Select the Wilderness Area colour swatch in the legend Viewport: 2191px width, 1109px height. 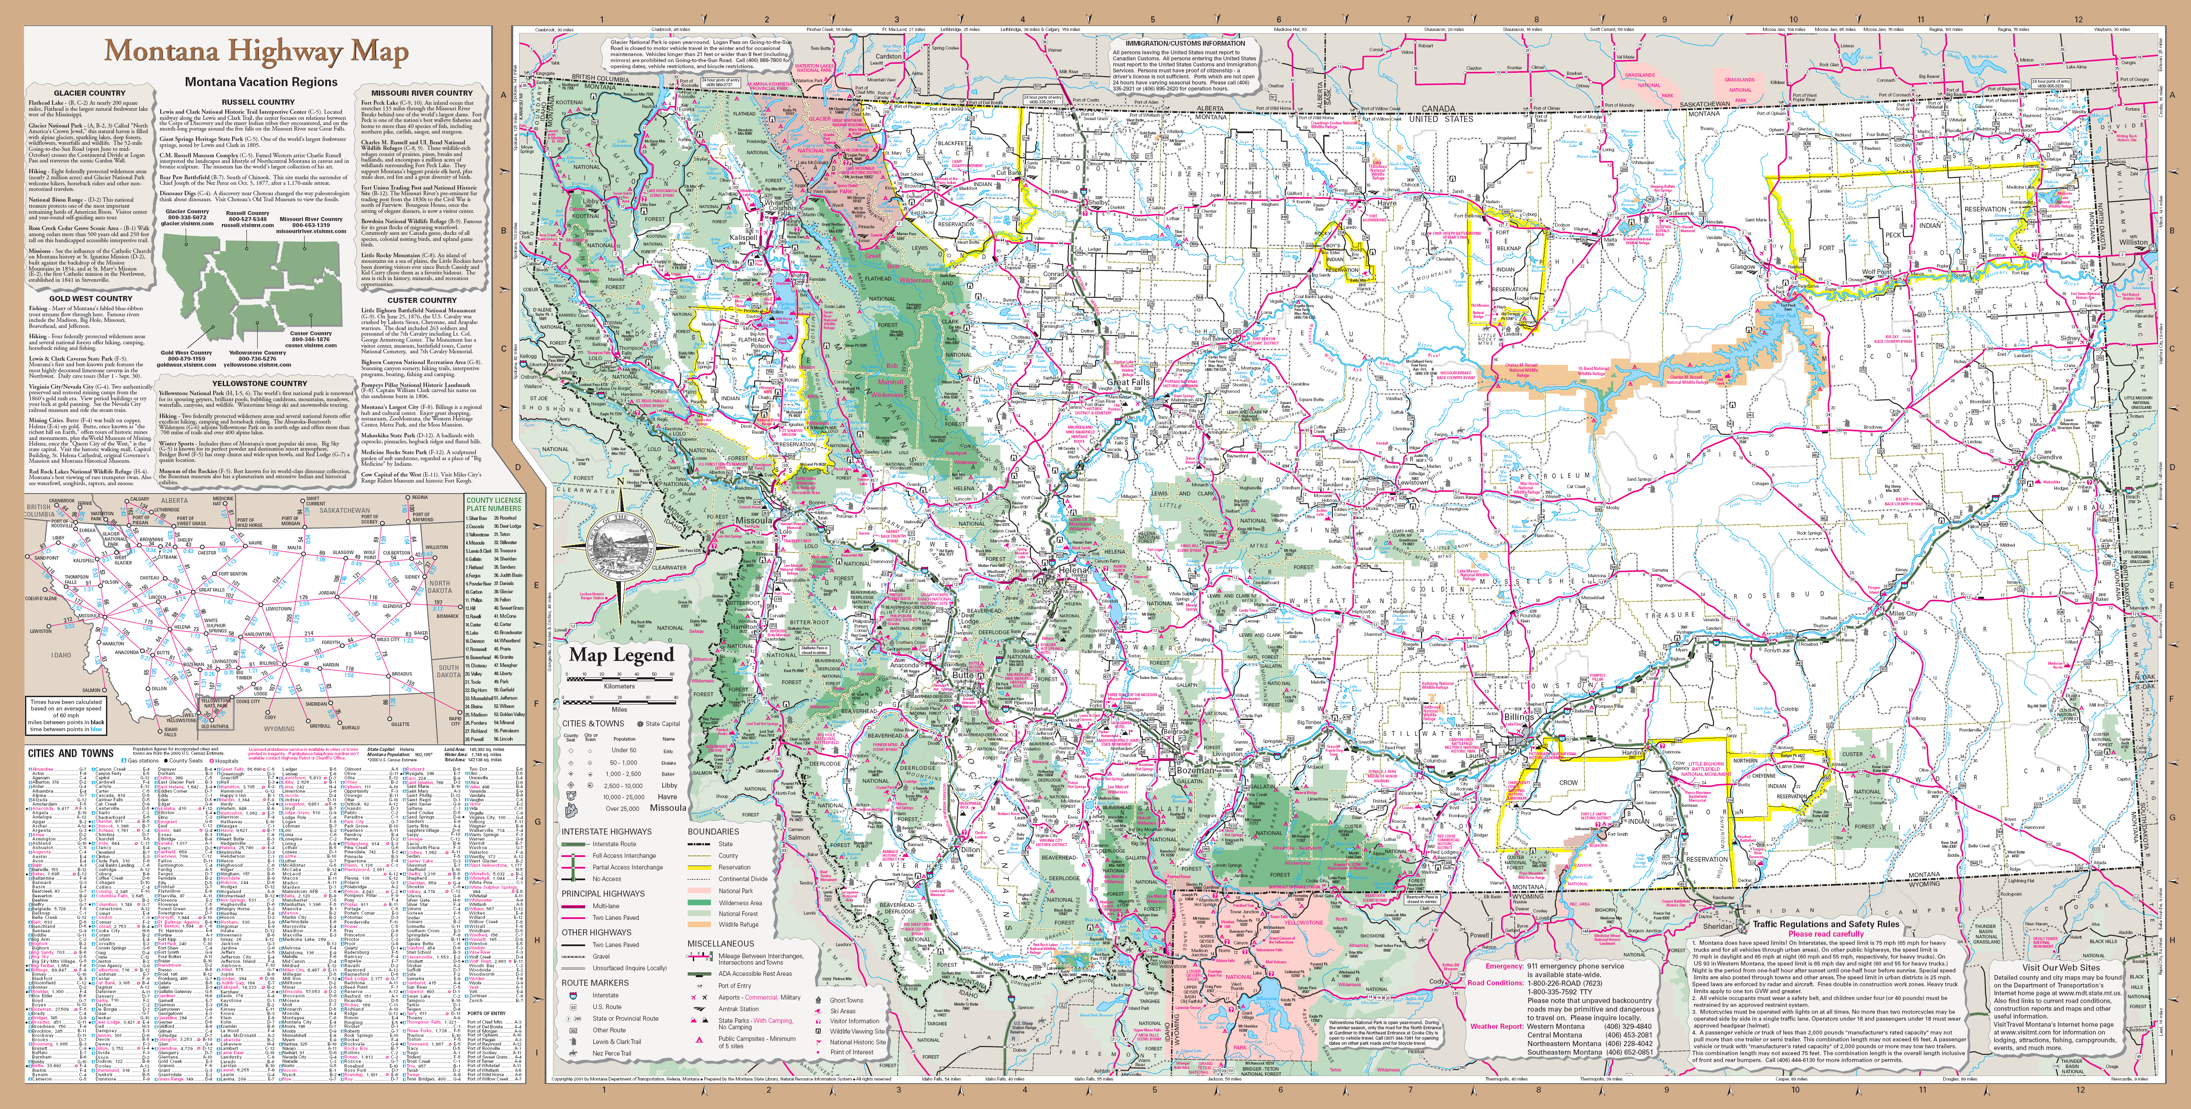click(x=701, y=902)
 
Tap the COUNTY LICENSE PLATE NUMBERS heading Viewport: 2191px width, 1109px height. click(x=493, y=505)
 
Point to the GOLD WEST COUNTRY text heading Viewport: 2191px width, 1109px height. click(x=90, y=299)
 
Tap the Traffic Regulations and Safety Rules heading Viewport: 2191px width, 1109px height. click(x=1825, y=924)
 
